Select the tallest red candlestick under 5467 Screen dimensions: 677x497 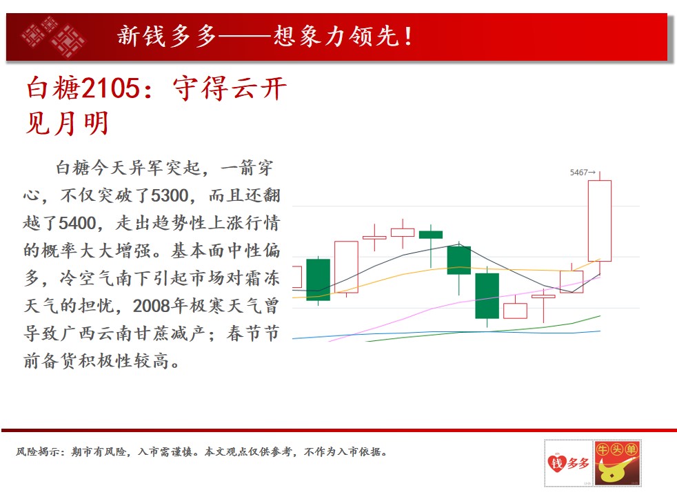click(x=600, y=221)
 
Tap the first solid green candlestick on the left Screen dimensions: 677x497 click(x=319, y=280)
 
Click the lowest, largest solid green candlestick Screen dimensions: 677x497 click(x=487, y=296)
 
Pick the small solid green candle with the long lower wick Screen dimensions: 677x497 click(x=431, y=235)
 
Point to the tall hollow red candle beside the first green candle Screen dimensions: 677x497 click(x=346, y=267)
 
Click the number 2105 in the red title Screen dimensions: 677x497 click(x=110, y=88)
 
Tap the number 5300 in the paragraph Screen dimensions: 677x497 click(x=170, y=196)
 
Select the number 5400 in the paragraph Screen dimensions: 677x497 click(x=77, y=224)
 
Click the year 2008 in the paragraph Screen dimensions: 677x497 click(x=151, y=306)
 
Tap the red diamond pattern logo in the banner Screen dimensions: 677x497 click(x=52, y=37)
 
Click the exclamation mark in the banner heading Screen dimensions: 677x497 click(x=408, y=37)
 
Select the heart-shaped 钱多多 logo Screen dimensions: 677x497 click(x=568, y=463)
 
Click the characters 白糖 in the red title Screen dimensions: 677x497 click(x=53, y=88)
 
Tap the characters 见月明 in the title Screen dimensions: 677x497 click(x=67, y=124)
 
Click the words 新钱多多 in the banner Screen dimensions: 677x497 click(x=167, y=36)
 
